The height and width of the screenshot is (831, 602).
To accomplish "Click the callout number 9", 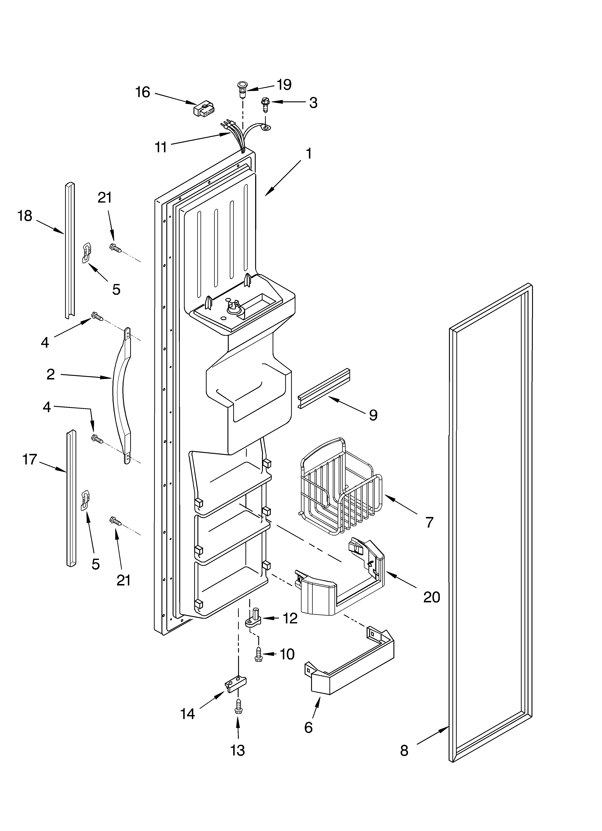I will click(x=373, y=415).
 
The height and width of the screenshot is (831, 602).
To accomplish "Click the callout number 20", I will click(x=432, y=597).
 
